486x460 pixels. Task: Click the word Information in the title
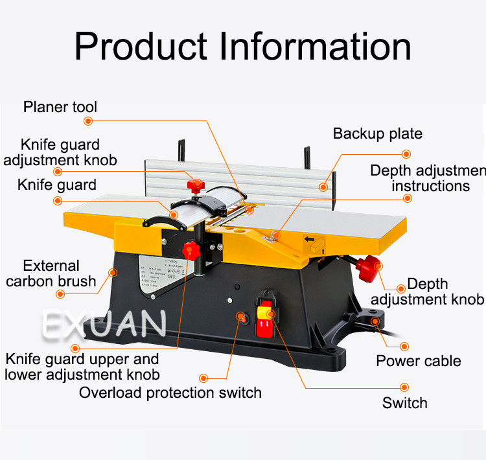click(x=316, y=47)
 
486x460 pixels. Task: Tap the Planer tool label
click(x=60, y=106)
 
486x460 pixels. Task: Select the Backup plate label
click(x=377, y=134)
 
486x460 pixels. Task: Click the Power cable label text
click(x=419, y=361)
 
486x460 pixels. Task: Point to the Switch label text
click(x=404, y=403)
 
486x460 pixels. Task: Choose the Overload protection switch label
click(x=170, y=393)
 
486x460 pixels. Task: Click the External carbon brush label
click(x=51, y=273)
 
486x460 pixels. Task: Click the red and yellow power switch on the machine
click(x=266, y=319)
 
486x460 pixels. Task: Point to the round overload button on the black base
click(x=243, y=318)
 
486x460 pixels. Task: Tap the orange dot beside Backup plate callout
click(x=406, y=154)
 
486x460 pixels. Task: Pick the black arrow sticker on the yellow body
click(x=313, y=244)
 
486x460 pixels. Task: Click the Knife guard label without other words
click(x=56, y=185)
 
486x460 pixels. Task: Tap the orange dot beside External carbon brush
click(x=60, y=293)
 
